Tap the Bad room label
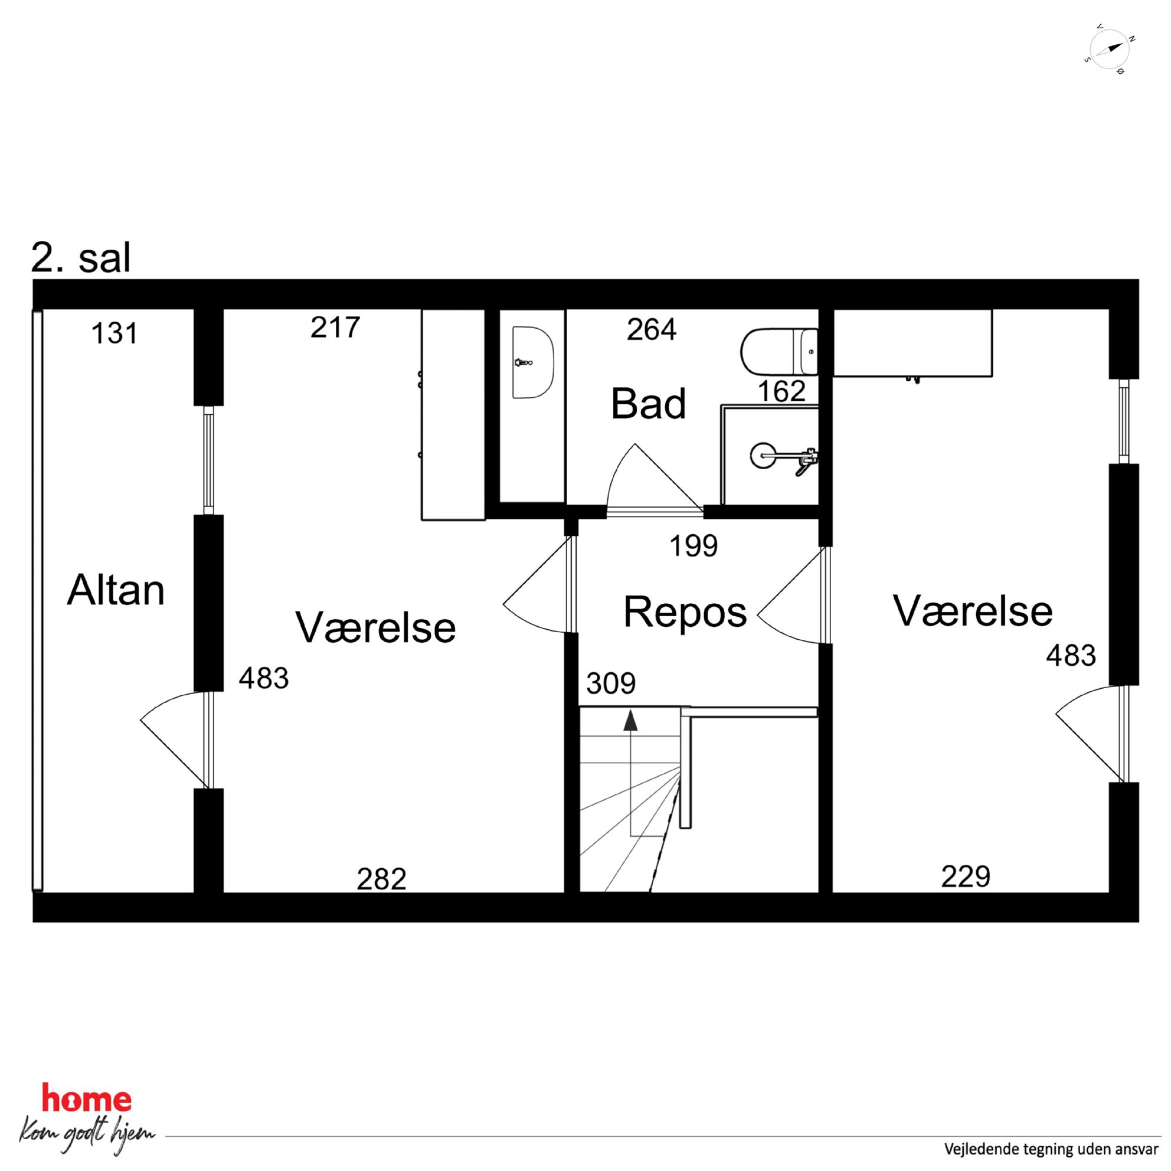[x=648, y=404]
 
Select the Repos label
[x=685, y=613]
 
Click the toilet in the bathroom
[x=779, y=352]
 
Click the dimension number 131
[x=114, y=333]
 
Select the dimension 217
[x=335, y=328]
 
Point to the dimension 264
[x=652, y=330]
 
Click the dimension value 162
[x=781, y=391]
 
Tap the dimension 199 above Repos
[x=694, y=545]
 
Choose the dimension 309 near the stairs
[x=611, y=683]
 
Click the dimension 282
[x=381, y=879]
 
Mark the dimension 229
[x=966, y=876]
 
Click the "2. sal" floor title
[x=81, y=258]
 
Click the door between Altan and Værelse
[x=175, y=740]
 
